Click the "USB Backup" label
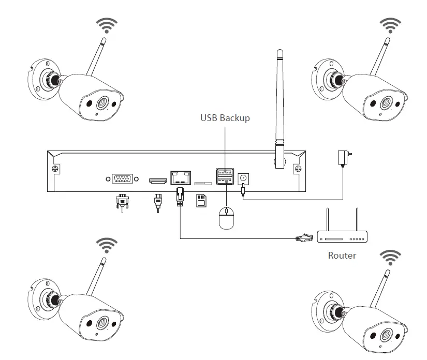coord(225,118)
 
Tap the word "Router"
coord(342,256)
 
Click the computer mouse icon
coord(226,217)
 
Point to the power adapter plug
coord(342,157)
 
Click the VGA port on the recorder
coord(122,179)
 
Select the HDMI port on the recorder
coord(158,181)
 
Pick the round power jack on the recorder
coord(243,179)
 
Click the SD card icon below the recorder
coord(201,200)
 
